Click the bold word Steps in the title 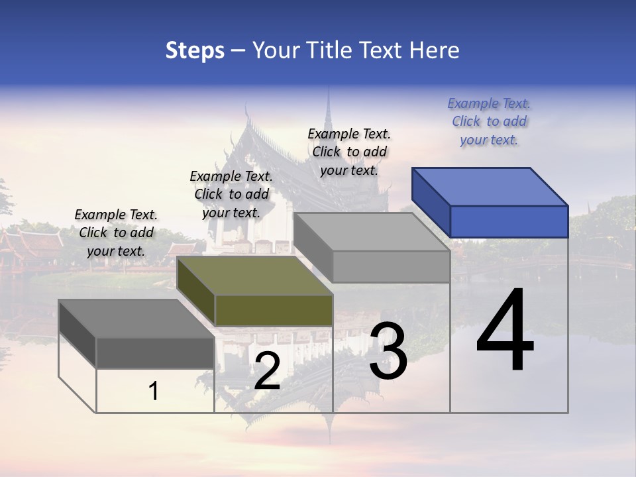pyautogui.click(x=194, y=50)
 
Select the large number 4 pyautogui.click(x=505, y=331)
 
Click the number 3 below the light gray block pyautogui.click(x=388, y=352)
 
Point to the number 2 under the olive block pyautogui.click(x=267, y=372)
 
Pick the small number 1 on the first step pyautogui.click(x=154, y=392)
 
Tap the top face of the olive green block pyautogui.click(x=254, y=275)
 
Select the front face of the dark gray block pyautogui.click(x=155, y=352)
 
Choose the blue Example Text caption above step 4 pyautogui.click(x=489, y=121)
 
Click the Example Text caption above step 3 pyautogui.click(x=349, y=152)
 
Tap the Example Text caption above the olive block pyautogui.click(x=231, y=194)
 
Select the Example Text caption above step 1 pyautogui.click(x=116, y=233)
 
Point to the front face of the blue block pyautogui.click(x=509, y=221)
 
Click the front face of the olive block pyautogui.click(x=274, y=310)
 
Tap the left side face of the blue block pyautogui.click(x=431, y=202)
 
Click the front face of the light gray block pyautogui.click(x=391, y=266)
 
